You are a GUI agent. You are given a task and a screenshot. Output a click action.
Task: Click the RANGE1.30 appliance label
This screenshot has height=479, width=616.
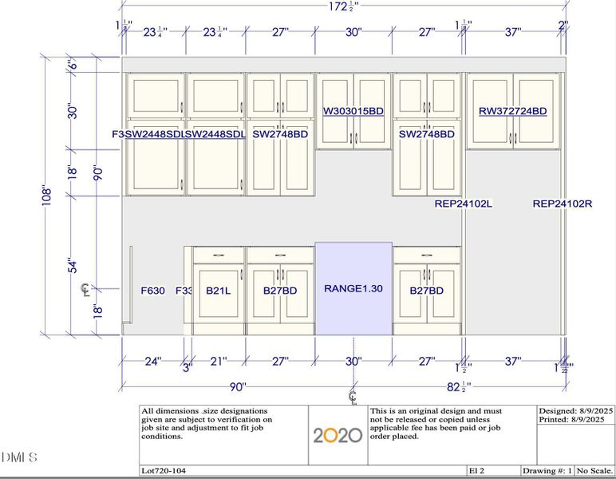[x=353, y=288]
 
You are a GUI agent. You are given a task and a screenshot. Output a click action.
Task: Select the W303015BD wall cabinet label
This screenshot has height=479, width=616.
[x=353, y=112]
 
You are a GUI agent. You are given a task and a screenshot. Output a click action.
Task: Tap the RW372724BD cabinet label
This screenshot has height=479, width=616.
[x=512, y=112]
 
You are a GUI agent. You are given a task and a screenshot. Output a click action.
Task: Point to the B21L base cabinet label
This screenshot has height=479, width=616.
[x=218, y=291]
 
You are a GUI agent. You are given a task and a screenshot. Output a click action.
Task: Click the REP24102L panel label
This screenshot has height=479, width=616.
[x=463, y=204]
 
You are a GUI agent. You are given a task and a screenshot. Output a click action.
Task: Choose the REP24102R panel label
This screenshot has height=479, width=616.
[x=563, y=204]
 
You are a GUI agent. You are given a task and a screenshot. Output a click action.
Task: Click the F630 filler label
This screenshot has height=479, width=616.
[x=152, y=291]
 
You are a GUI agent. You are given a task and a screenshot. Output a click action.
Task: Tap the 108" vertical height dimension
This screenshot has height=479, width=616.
[x=47, y=194]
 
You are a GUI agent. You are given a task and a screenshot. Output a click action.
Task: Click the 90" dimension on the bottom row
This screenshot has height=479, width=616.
[x=237, y=387]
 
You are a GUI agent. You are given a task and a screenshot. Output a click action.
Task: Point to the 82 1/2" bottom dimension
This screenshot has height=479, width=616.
[x=457, y=387]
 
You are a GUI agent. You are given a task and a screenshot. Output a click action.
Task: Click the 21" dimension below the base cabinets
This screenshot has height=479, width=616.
[x=217, y=362]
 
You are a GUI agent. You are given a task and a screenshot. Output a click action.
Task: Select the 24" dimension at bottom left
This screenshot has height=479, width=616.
[x=152, y=362]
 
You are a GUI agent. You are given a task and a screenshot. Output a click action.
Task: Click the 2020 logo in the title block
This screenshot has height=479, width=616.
[x=337, y=435]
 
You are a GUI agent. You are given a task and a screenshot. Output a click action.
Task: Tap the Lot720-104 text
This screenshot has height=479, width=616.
[x=164, y=471]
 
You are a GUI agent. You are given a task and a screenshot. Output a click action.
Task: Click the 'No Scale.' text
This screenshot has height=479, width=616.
[x=594, y=471]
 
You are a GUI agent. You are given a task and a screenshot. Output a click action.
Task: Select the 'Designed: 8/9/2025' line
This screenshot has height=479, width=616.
[x=574, y=410]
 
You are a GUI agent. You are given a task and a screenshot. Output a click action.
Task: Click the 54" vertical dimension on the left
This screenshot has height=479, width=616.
[x=73, y=264]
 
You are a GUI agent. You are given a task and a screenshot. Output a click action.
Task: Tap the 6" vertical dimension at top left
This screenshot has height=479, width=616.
[x=72, y=65]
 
